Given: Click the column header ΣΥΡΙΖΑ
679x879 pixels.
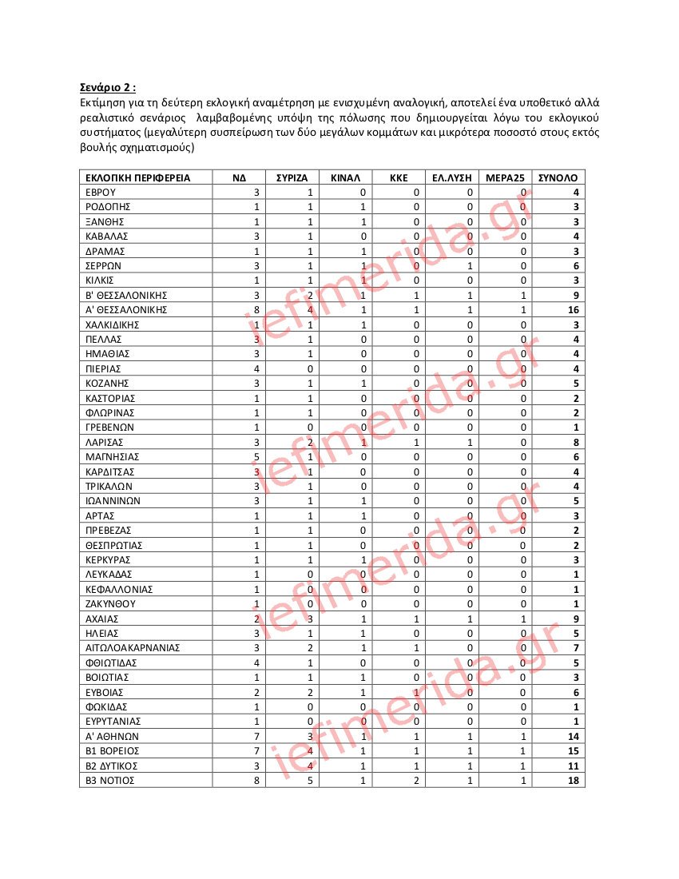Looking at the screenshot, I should pos(292,177).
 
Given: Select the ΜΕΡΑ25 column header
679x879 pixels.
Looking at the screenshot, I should pos(505,177).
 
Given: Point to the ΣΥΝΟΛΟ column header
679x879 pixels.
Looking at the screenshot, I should pos(558,177).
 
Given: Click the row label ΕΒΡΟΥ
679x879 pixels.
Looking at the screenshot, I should pos(101,193).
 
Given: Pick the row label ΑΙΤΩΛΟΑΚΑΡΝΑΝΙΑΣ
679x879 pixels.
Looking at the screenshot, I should pos(133,648).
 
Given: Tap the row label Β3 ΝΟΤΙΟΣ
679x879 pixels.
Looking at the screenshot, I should pos(110,780).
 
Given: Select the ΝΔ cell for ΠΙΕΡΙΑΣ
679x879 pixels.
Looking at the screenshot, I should pos(256,368).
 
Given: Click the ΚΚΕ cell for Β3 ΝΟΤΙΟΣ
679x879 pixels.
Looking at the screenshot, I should pos(416,780).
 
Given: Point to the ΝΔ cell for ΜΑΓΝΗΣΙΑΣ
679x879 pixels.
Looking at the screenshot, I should pos(256,456).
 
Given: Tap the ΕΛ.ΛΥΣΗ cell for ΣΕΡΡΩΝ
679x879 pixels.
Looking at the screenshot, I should pos(470,266).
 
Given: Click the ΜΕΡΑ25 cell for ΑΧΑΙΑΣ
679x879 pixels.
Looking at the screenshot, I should pos(522,618).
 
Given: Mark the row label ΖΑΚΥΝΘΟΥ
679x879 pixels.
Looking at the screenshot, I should pos(111,604).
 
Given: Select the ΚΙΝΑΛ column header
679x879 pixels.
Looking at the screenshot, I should pos(345,177).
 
